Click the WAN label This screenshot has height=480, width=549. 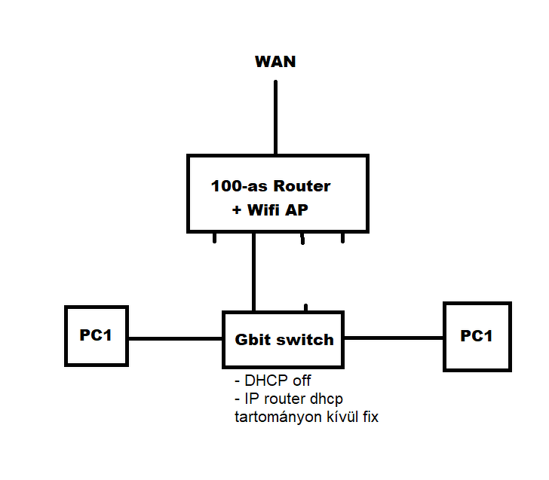point(275,62)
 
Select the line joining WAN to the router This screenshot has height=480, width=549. point(275,117)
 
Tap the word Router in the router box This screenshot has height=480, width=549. point(302,186)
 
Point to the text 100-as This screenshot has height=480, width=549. point(240,186)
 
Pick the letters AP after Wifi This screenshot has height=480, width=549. point(297,210)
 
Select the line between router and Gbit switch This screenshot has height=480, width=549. point(254,271)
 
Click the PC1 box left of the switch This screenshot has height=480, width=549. point(97,336)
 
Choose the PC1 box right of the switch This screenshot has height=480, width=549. point(477,336)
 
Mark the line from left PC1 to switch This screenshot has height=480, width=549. point(176,338)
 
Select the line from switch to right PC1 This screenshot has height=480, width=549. point(394,338)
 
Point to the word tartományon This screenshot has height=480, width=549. point(276,416)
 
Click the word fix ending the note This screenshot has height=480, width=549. point(369,416)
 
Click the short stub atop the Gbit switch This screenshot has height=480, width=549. point(305,307)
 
